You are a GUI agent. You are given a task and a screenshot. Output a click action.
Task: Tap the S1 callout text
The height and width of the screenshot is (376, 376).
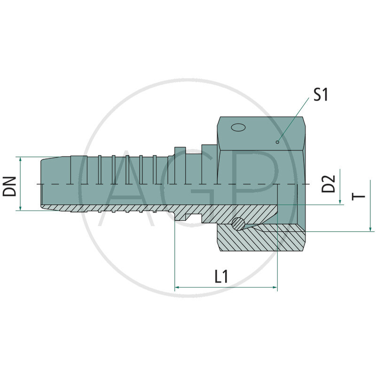pos(321,94)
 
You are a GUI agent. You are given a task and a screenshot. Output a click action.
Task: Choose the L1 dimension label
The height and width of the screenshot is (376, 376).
pos(221,276)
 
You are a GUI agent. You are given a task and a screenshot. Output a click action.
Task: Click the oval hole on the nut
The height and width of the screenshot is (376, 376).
pos(238,127)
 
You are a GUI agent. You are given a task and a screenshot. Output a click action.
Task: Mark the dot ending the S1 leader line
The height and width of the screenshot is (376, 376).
pos(278,141)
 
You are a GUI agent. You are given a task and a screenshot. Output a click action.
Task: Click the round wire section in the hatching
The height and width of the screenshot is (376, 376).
pos(240,224)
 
